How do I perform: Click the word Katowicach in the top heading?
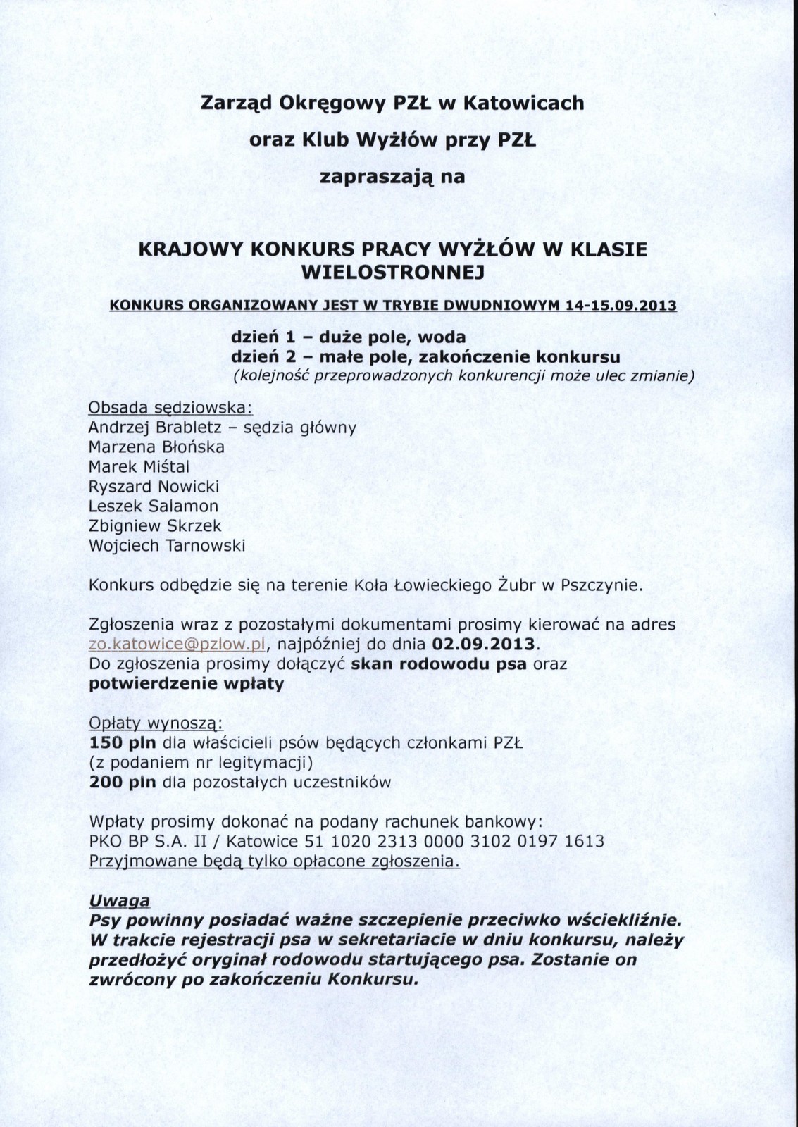point(523,104)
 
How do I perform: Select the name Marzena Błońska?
point(156,447)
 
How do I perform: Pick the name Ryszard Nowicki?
point(154,487)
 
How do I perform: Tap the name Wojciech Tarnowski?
point(166,545)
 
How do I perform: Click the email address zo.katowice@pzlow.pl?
point(176,644)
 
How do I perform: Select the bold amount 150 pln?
point(123,742)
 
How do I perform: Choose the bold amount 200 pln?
point(123,782)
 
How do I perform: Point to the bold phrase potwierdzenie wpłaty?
point(187,684)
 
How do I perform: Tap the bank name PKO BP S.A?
point(138,841)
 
